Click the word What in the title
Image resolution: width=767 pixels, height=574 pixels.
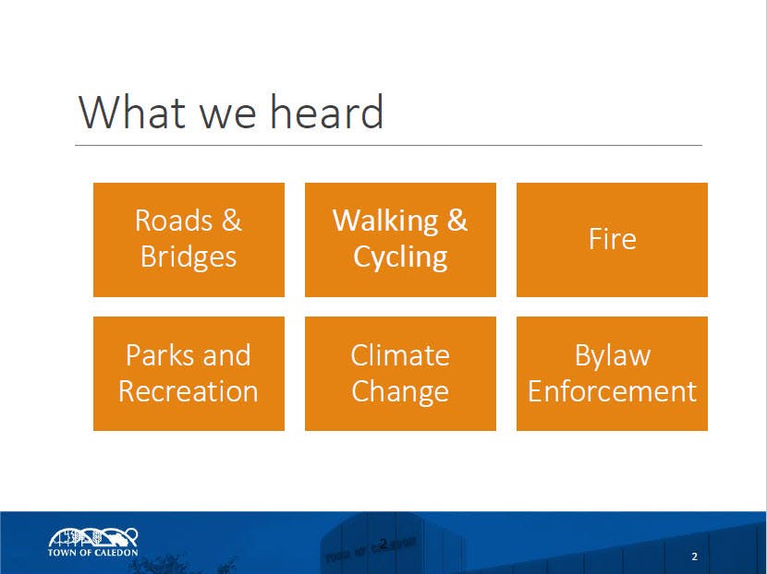click(132, 113)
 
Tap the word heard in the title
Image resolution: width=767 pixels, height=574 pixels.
click(327, 112)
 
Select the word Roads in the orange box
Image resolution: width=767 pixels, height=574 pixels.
click(174, 221)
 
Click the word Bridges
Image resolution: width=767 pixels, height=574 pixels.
click(189, 257)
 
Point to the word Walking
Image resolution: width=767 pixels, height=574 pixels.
click(385, 221)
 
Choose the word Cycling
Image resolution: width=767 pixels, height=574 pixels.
click(400, 257)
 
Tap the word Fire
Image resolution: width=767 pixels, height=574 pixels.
click(612, 239)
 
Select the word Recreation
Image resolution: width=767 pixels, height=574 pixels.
click(189, 391)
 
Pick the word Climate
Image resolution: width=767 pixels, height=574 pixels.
click(400, 355)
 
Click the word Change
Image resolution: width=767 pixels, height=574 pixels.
click(400, 392)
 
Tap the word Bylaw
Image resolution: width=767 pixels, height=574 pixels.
click(613, 355)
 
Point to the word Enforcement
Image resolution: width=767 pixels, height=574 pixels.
click(612, 391)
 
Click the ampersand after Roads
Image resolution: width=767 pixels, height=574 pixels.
click(232, 221)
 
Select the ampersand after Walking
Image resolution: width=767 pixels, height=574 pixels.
click(457, 221)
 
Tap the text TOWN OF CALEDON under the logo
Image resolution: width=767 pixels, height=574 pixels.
click(93, 553)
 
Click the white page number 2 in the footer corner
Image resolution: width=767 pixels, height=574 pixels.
click(695, 556)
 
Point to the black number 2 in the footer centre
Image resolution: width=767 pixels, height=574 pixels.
click(383, 544)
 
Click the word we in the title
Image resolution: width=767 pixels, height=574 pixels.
click(228, 115)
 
